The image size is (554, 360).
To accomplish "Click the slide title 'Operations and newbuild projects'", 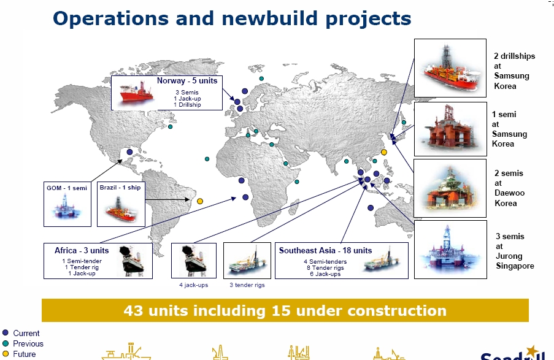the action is [232, 19].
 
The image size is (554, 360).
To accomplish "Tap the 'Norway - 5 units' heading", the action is [187, 80].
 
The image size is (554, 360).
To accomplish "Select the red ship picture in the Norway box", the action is [137, 92].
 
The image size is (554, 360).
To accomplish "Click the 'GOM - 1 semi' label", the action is [67, 188].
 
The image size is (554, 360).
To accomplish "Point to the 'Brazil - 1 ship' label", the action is [120, 188].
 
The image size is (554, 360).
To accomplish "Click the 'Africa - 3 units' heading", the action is [82, 250].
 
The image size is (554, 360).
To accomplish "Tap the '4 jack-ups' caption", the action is [194, 285].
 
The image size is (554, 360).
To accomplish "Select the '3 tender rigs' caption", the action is [247, 285].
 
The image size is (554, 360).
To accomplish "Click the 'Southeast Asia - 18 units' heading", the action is [325, 250].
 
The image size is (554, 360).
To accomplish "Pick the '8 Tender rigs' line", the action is [325, 268].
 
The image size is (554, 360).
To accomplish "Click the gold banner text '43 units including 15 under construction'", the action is [285, 311].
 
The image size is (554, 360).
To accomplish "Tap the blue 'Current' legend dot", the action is [6, 333].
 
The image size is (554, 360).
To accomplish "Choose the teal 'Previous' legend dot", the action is [6, 343].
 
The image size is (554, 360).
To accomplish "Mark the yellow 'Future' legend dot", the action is [6, 354].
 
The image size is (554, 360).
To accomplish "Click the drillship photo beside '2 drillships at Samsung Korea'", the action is [450, 68].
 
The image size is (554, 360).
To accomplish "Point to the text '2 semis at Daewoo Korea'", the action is [509, 188].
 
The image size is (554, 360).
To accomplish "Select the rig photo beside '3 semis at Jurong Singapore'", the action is [450, 250].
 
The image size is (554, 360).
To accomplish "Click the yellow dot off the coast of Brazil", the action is [200, 201].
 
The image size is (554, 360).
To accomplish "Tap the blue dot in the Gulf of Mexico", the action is [129, 152].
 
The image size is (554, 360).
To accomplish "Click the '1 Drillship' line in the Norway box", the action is [187, 105].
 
